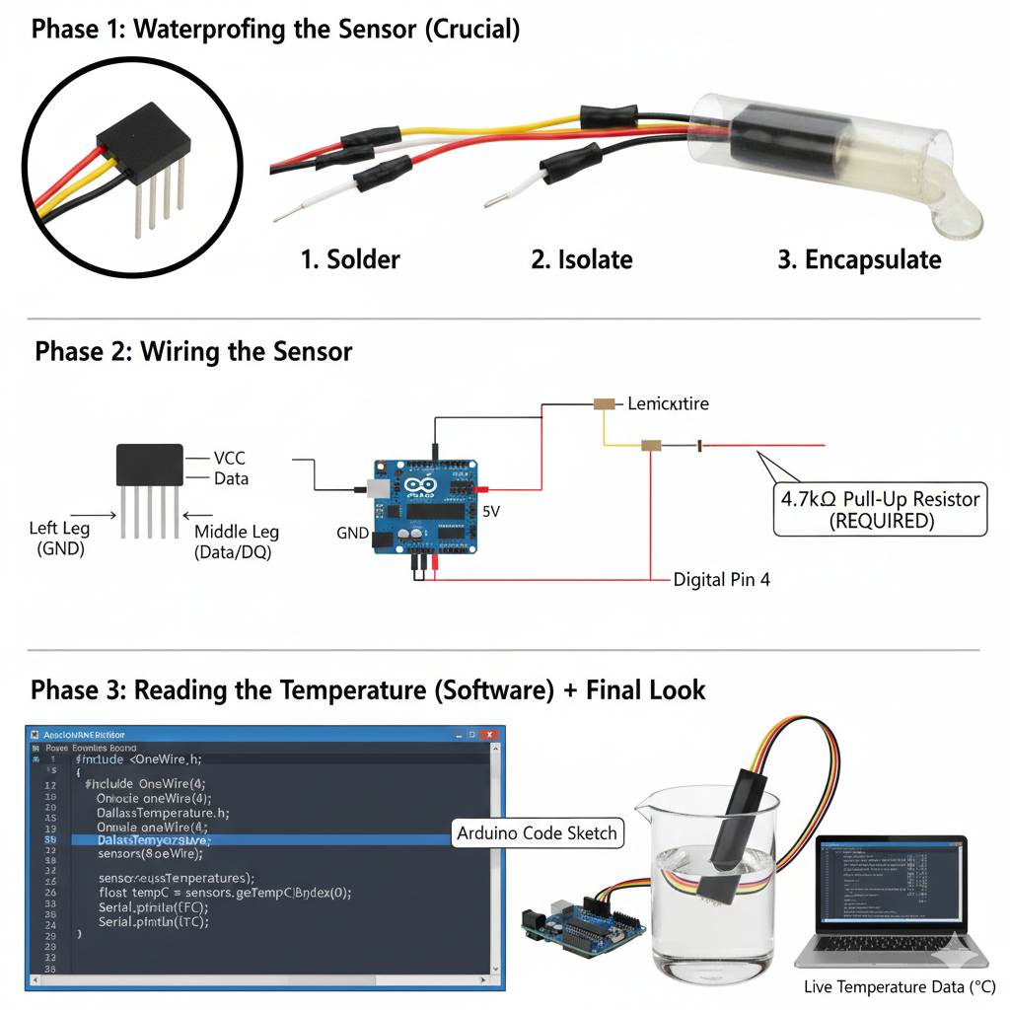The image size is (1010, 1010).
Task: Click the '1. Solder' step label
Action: (x=350, y=259)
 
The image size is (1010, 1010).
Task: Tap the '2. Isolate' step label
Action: (x=582, y=259)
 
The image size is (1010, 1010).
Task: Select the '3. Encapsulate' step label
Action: (x=859, y=259)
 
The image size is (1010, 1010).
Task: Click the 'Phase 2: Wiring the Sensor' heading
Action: (x=193, y=351)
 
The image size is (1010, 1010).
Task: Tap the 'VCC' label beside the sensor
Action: (x=229, y=459)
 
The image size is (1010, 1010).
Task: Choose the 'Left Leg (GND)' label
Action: (x=59, y=539)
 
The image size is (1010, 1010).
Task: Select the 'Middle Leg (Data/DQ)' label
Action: (x=237, y=541)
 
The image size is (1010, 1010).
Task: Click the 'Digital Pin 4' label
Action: (x=721, y=580)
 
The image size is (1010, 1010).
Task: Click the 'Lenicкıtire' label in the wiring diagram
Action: (x=668, y=403)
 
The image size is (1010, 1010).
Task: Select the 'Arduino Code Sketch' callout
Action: (x=538, y=833)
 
